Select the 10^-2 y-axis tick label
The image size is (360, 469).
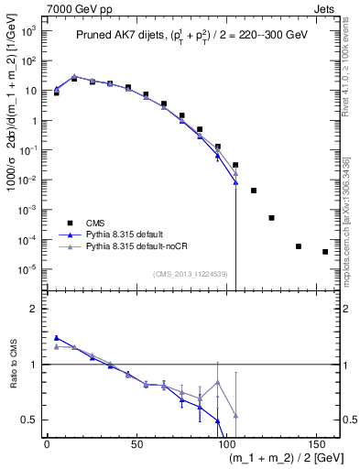pyautogui.click(x=28, y=180)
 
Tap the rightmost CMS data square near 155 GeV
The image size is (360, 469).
pyautogui.click(x=325, y=252)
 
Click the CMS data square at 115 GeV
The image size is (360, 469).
pyautogui.click(x=254, y=191)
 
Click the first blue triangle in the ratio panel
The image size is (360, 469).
pyautogui.click(x=57, y=338)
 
